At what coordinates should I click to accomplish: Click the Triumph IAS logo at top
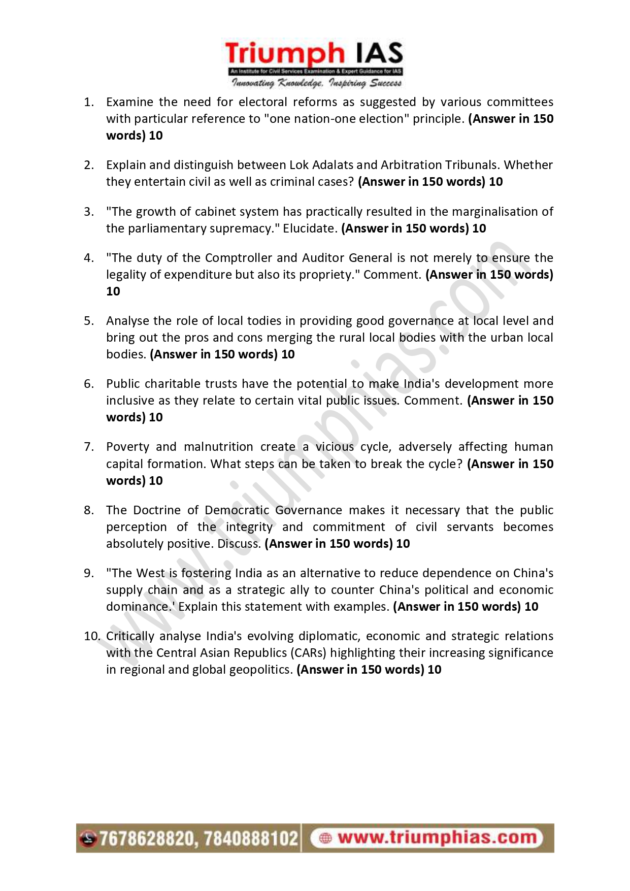coord(315,55)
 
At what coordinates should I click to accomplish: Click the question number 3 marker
coord(89,212)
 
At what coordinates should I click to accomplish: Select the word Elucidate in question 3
coord(310,228)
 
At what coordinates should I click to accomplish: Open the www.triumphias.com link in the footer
coord(437,838)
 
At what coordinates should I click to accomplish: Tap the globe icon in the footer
coord(325,838)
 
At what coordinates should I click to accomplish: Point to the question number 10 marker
coord(91,636)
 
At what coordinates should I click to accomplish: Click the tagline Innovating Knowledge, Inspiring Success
coord(316,83)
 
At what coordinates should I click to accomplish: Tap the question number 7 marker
coord(89,447)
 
